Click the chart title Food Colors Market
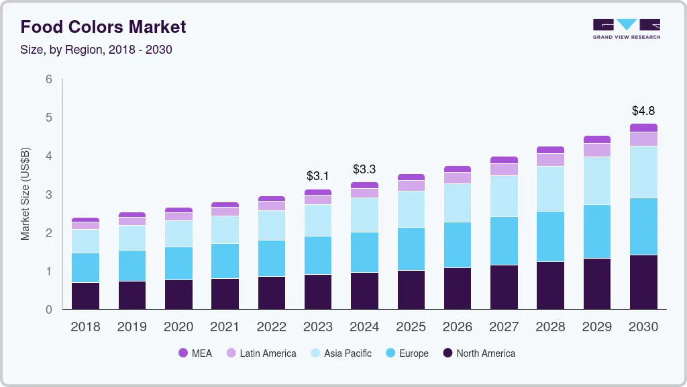103,27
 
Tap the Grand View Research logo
626,28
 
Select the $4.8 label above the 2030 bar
643,111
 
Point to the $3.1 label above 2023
318,176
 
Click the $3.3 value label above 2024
364,169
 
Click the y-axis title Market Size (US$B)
25,194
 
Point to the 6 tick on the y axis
49,79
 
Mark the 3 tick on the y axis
49,195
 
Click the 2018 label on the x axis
85,327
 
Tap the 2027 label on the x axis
504,327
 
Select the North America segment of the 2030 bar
643,282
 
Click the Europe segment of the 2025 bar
411,249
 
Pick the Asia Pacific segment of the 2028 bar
550,189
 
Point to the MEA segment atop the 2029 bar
597,139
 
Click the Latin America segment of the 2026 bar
458,178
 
